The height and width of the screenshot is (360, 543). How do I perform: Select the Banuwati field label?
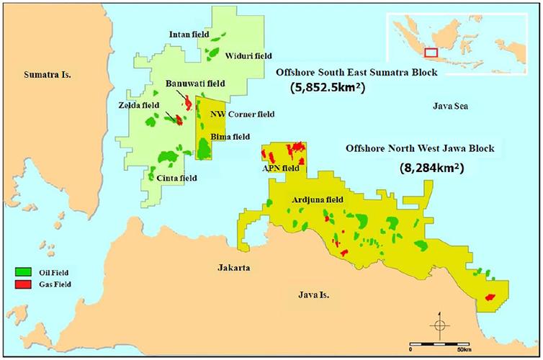click(x=194, y=84)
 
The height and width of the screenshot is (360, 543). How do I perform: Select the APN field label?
click(x=280, y=168)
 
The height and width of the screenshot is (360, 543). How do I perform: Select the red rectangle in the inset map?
click(x=431, y=53)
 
